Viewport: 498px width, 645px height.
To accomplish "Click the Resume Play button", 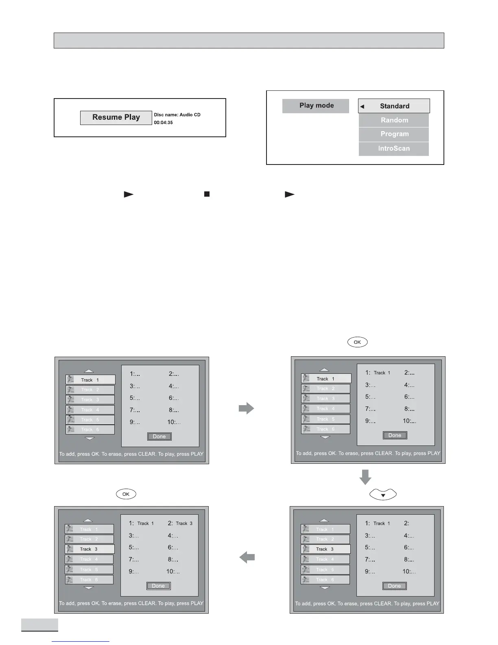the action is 116,118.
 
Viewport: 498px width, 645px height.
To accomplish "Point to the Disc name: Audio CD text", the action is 177,115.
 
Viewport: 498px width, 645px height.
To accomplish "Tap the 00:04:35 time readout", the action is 163,123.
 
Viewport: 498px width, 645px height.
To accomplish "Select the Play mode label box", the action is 316,106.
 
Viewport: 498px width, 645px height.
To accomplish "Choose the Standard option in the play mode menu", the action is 394,106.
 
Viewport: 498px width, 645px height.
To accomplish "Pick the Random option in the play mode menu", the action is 394,120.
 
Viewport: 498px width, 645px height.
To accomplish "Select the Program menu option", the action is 394,134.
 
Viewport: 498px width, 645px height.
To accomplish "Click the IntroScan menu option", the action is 394,149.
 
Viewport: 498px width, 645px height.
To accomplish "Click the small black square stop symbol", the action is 207,194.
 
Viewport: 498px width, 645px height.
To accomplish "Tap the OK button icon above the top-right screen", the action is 357,342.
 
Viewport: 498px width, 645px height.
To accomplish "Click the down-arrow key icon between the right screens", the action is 383,495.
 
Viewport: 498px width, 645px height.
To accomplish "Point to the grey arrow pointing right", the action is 246,408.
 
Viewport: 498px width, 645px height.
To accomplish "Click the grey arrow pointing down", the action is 365,477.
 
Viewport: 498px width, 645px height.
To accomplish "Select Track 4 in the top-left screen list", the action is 90,410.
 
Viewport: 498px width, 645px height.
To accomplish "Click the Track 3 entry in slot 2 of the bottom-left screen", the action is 180,523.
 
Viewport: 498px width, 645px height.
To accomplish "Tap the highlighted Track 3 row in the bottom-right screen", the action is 325,549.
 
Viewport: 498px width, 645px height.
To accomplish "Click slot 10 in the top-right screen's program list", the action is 409,421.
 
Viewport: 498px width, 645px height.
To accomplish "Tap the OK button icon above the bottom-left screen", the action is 126,494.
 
